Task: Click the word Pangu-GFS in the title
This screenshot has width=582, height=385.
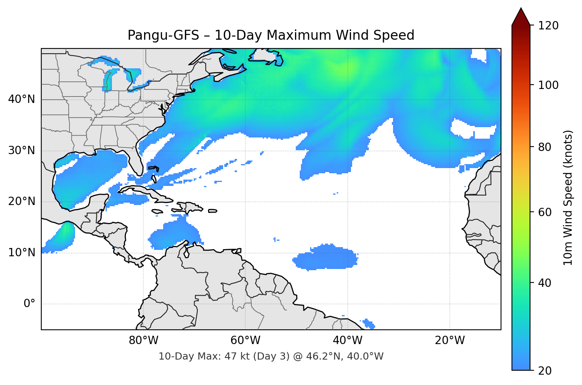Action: tap(163, 35)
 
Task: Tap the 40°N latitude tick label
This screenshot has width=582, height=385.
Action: tap(21, 99)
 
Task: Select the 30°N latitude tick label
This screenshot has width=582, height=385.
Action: tap(21, 151)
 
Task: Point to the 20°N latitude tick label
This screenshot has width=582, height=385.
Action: tap(21, 201)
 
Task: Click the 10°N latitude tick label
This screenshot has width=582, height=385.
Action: tap(21, 253)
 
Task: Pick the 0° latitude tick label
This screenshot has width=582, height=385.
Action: tap(29, 304)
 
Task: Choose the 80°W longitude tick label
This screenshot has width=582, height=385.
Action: tap(143, 341)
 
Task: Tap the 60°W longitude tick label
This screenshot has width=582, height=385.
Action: tap(245, 341)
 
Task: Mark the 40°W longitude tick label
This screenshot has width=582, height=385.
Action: tap(347, 341)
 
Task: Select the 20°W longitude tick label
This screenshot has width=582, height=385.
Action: tap(449, 341)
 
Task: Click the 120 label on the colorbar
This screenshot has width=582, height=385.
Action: tap(548, 26)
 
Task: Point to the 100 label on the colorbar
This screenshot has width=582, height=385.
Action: tap(548, 85)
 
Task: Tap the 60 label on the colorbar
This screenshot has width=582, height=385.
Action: tap(545, 212)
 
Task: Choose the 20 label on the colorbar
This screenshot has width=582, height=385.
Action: tap(545, 371)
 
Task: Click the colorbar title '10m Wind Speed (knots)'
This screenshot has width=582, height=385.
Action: tap(568, 198)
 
